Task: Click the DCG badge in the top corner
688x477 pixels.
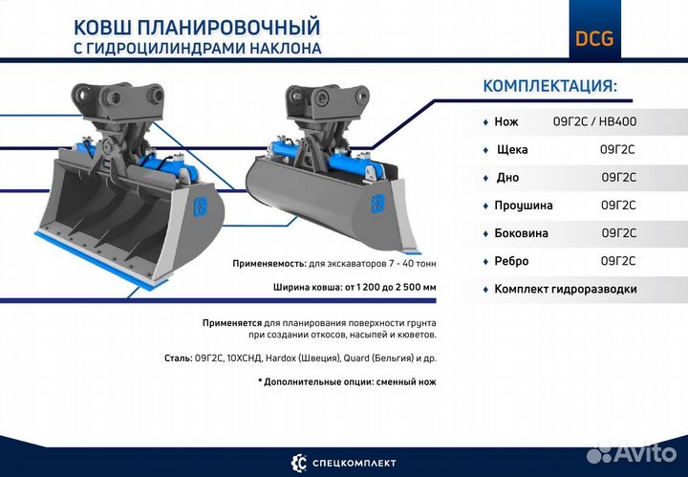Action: pos(594,39)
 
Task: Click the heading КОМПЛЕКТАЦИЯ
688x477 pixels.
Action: pos(550,86)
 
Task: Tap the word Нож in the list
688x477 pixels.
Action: pos(506,122)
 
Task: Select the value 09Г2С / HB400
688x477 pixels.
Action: pos(594,122)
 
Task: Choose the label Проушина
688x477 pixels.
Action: pos(524,206)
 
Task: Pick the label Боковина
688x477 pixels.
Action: pos(523,233)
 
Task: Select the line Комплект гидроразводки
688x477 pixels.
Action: pos(565,289)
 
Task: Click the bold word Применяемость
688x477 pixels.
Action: pos(269,263)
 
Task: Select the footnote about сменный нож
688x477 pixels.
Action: pos(347,381)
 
